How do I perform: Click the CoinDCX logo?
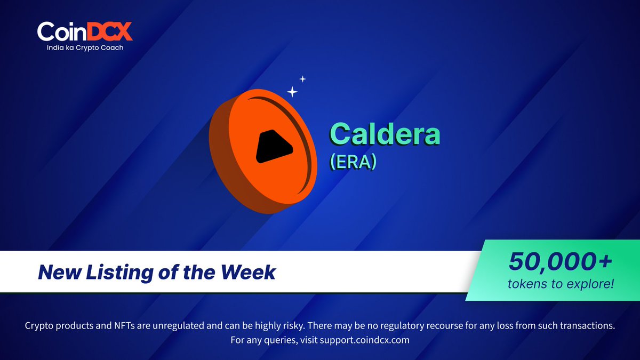click(84, 31)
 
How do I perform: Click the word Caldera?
click(385, 134)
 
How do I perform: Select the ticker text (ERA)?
click(353, 162)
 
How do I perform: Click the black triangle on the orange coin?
click(273, 146)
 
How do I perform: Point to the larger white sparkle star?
click(292, 92)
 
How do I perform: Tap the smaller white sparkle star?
click(302, 79)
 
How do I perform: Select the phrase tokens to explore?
click(561, 284)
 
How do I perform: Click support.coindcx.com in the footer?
click(364, 340)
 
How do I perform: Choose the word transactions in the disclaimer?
click(587, 325)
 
